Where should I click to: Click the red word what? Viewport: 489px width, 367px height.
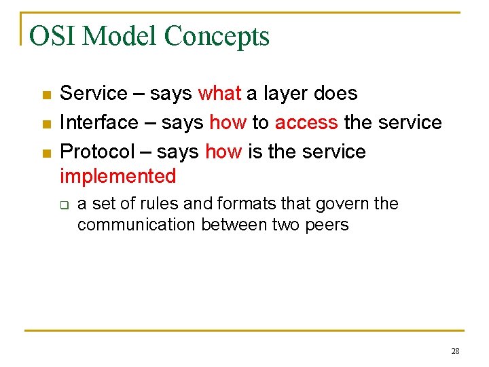pos(219,93)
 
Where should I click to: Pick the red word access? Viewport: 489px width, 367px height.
pos(306,122)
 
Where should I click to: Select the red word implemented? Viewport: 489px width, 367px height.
pos(117,177)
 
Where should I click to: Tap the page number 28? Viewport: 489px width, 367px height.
pos(454,351)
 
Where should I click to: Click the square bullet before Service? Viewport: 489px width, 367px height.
pos(46,94)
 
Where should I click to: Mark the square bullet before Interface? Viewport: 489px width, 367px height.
pos(46,124)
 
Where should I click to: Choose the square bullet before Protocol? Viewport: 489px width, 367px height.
pos(46,153)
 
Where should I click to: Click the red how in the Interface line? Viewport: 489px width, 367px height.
pos(228,122)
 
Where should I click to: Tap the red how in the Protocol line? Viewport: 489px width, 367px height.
pos(223,152)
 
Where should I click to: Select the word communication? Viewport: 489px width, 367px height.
pos(137,225)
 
